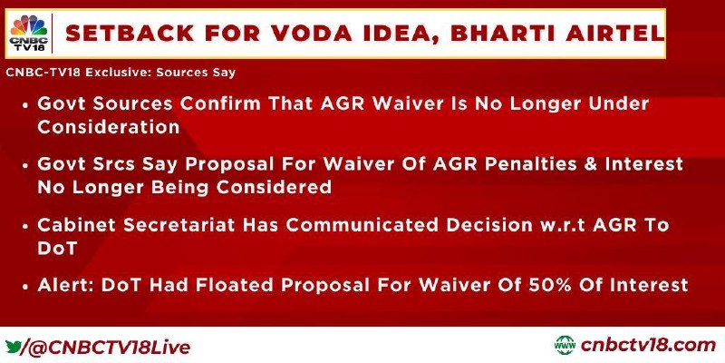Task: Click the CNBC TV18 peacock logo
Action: pos(29,33)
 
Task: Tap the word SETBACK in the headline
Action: pos(130,34)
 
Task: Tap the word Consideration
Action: pos(108,127)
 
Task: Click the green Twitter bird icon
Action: pos(13,347)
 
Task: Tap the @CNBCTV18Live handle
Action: pos(106,348)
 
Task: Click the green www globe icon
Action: pos(565,346)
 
